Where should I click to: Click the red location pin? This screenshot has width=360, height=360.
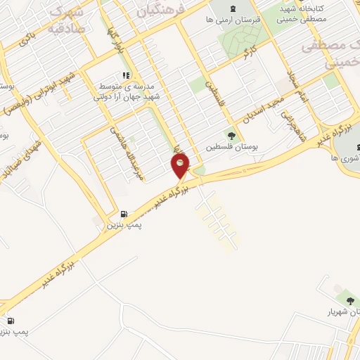[181, 166]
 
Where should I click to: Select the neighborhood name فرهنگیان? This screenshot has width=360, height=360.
[162, 9]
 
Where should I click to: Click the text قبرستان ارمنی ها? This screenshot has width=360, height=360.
[235, 21]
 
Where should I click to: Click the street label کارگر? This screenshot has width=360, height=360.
[247, 53]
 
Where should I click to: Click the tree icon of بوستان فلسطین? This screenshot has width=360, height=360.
[232, 136]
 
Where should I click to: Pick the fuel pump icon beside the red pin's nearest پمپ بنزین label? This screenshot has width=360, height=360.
[124, 214]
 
